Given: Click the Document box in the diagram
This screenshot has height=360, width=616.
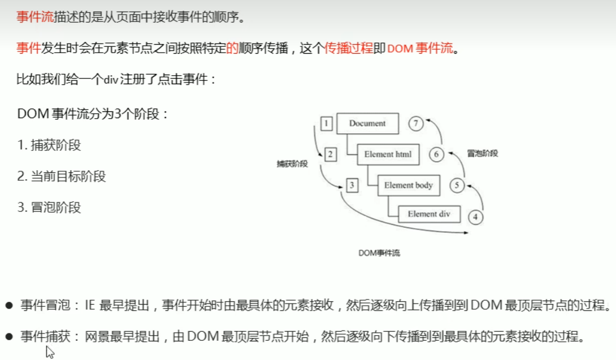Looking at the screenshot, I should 367,124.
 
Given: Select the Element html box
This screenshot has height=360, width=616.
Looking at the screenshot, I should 388,154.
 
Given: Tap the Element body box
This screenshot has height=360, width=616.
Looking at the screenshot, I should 408,185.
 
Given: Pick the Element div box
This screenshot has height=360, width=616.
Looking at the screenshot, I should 430,214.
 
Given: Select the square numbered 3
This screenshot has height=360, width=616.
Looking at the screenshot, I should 352,185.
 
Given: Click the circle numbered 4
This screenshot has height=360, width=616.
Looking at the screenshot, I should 475,216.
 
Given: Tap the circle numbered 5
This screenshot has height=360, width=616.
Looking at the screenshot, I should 457,185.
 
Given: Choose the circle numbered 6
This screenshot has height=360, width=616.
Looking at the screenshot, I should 436,154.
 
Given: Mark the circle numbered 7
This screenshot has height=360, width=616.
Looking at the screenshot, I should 416,123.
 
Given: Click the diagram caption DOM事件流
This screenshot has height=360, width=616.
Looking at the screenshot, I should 379,253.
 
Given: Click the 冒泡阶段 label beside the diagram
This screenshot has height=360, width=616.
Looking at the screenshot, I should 483,153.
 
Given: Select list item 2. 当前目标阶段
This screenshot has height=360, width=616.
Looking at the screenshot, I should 62,176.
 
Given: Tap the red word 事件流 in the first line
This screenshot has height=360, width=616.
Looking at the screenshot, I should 35,17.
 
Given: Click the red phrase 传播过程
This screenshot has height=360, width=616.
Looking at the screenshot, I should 349,48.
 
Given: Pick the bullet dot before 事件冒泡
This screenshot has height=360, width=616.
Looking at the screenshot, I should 8,306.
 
